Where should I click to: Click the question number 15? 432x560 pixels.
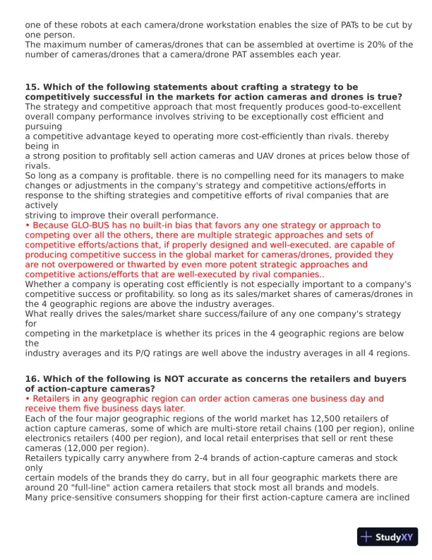click(32, 87)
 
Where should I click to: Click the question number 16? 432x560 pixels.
click(32, 379)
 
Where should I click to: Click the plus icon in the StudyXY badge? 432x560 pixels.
click(366, 537)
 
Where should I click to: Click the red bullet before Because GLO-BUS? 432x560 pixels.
click(27, 226)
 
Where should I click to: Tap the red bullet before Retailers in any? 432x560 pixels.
click(27, 399)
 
